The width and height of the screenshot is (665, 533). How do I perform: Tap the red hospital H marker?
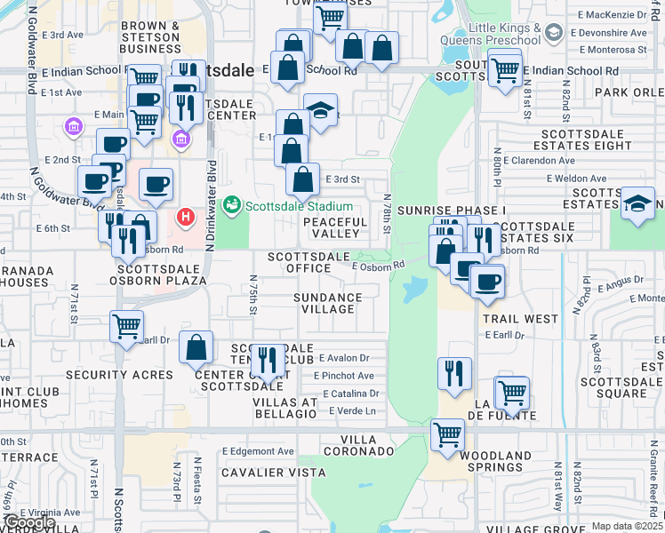(186, 215)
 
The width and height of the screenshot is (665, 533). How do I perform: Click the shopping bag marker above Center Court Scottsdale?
(196, 348)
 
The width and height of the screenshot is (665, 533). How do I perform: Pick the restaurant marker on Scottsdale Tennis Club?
(267, 361)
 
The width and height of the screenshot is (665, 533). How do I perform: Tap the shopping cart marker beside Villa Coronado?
(447, 435)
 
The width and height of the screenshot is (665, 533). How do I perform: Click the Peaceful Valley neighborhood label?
(335, 227)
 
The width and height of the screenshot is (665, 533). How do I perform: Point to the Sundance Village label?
(328, 304)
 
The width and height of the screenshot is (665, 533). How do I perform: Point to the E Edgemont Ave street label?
(259, 451)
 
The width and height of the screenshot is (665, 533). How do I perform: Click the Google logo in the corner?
(28, 523)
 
